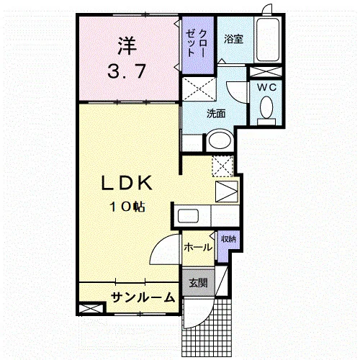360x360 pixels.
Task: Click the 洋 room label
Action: (127, 45)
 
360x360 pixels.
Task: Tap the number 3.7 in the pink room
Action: (127, 71)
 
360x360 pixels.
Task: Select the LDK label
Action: (127, 183)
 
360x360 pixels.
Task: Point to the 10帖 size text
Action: (127, 207)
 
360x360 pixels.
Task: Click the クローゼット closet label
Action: (197, 43)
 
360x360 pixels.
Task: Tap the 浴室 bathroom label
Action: (234, 39)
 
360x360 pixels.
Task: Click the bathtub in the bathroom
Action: (268, 40)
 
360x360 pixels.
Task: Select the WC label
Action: (266, 88)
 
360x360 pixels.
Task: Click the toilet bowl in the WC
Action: (266, 107)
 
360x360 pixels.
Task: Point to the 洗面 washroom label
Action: (216, 114)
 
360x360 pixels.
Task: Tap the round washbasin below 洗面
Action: (220, 140)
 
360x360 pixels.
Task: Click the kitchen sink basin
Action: (188, 216)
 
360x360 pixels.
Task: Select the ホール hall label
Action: (198, 247)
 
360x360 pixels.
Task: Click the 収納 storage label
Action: (228, 239)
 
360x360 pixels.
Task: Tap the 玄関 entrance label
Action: (198, 283)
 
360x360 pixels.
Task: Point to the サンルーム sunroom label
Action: (143, 297)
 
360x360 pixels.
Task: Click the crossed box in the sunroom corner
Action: (91, 309)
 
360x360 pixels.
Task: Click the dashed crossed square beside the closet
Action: (199, 89)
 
